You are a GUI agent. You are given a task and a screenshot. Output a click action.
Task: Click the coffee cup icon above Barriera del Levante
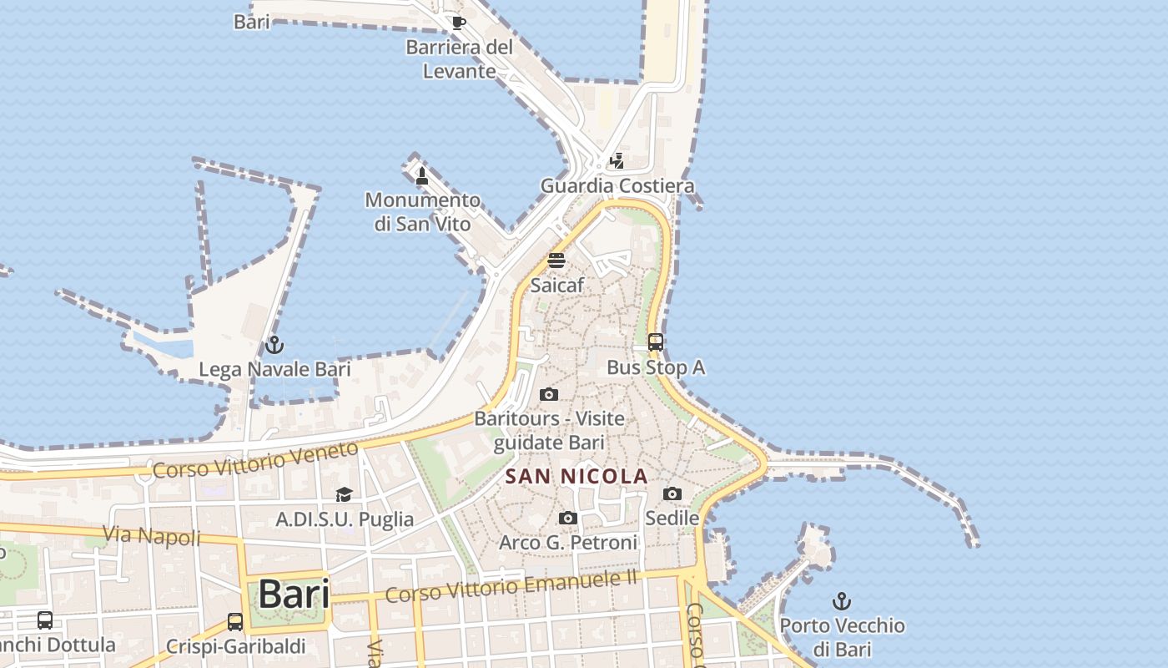(x=458, y=23)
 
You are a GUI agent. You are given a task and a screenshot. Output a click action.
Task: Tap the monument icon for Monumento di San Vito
(x=422, y=175)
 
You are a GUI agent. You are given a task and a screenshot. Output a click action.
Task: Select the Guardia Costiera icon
(x=617, y=160)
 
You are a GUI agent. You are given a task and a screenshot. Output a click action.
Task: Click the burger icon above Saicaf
(x=556, y=260)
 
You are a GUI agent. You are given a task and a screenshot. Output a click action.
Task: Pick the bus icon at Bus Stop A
(x=656, y=342)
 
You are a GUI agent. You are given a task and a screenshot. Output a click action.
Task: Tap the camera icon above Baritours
(x=549, y=394)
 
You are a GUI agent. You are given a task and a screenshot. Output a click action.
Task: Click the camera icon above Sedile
(x=672, y=493)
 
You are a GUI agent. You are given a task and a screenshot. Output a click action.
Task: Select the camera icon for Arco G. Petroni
(x=568, y=519)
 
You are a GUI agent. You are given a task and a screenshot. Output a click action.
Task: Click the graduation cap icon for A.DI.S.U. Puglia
(x=344, y=495)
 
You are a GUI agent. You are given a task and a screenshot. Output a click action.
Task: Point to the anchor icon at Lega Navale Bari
(x=274, y=344)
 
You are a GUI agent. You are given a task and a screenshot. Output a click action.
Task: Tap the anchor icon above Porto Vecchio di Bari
(x=842, y=600)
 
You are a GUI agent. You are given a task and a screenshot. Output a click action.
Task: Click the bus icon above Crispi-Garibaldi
(x=235, y=622)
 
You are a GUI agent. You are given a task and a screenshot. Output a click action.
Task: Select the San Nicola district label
(x=576, y=477)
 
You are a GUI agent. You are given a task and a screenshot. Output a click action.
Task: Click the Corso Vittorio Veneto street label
(x=256, y=459)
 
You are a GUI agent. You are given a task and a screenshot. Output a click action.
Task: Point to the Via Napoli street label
(x=152, y=534)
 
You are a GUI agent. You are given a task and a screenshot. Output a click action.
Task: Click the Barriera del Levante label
(x=460, y=59)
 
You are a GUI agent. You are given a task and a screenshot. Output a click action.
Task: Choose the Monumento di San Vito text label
(x=423, y=212)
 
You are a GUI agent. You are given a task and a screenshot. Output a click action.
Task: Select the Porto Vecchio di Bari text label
(x=842, y=637)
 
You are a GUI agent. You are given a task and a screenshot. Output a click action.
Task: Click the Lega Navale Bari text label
(x=274, y=369)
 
